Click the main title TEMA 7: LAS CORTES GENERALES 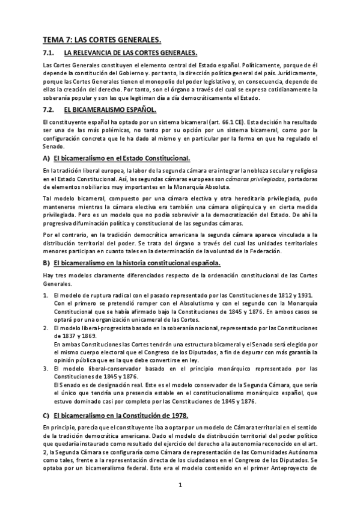coord(102,40)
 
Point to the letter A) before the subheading coord(46,158)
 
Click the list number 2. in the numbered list coord(46,328)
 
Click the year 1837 coord(59,336)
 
